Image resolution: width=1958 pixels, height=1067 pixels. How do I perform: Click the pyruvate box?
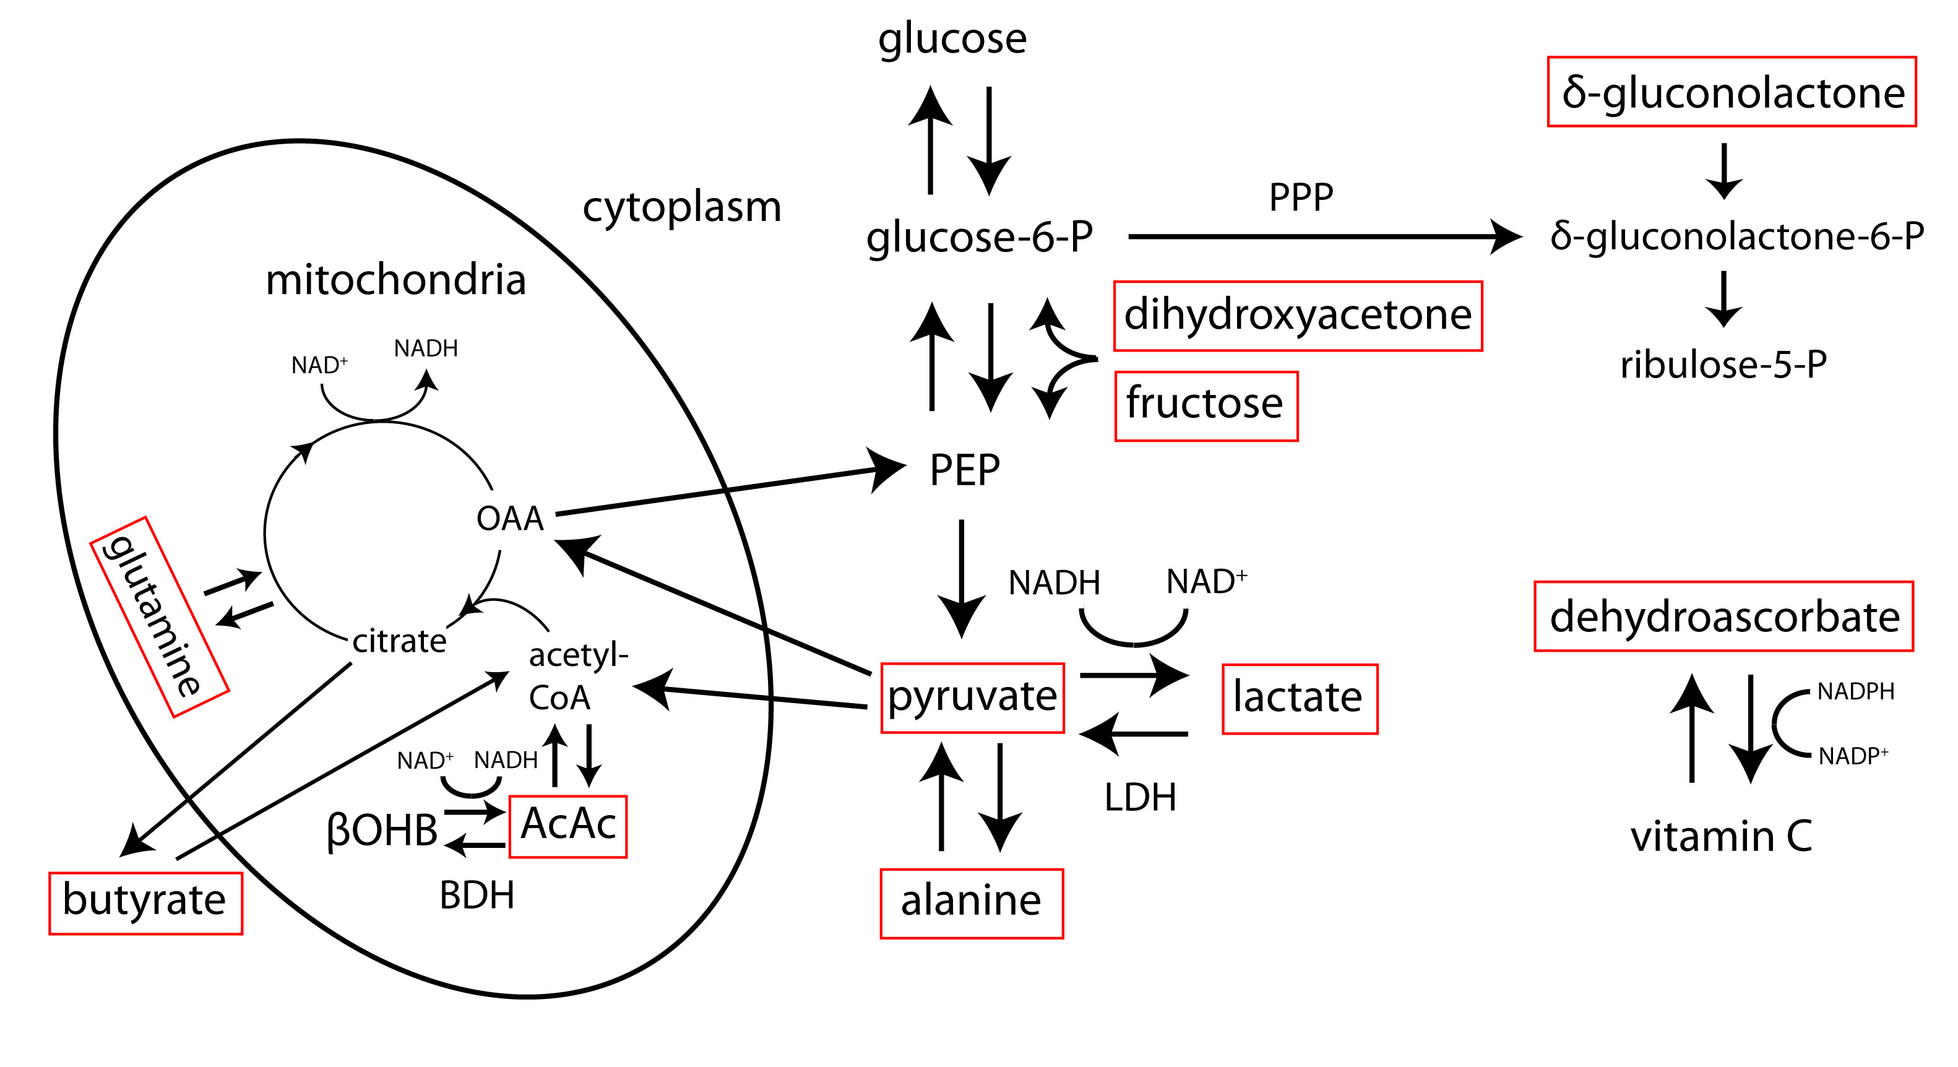pos(972,697)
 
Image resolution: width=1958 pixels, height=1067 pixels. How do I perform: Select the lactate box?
pos(1299,698)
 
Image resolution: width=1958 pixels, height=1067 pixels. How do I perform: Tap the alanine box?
pos(972,903)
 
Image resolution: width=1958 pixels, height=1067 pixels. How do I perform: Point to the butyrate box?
pos(145,902)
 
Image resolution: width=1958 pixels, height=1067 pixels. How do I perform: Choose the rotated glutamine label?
pos(159,616)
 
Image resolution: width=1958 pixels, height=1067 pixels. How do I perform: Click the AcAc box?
pos(568,826)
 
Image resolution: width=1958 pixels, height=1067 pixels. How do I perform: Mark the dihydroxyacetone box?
pos(1298,316)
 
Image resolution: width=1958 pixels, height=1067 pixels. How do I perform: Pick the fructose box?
pos(1205,405)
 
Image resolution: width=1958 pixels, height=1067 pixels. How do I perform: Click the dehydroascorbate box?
pos(1723,616)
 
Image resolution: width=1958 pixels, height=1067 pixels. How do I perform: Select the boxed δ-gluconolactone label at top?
pos(1732,92)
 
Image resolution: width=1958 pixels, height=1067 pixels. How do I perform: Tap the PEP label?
pos(965,470)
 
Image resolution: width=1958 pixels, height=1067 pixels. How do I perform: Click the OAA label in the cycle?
pos(509,519)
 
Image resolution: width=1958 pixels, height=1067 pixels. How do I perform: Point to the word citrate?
pos(399,641)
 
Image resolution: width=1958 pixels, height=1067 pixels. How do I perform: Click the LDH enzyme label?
pos(1140,798)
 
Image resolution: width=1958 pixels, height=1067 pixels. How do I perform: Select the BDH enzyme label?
pos(477,895)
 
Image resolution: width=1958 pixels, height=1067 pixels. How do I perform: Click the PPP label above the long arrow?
pos(1301,197)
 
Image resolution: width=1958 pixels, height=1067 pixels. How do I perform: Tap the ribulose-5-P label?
pos(1723,365)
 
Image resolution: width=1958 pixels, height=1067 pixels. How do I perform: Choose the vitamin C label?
pos(1721,836)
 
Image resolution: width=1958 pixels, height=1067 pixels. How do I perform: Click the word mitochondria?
pos(395,280)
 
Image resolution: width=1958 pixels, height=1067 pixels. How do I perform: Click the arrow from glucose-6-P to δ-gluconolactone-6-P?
pos(1322,237)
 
